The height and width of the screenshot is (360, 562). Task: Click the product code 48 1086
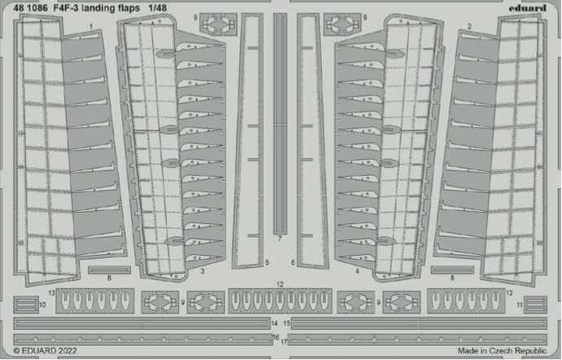coord(30,8)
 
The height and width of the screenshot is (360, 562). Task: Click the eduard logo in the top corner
coord(528,8)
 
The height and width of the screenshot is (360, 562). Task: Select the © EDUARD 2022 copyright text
coord(45,351)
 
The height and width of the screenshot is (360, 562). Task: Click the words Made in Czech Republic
coord(503,351)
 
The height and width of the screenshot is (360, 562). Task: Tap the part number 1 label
coord(91,27)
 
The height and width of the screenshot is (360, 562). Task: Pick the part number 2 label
coord(469,27)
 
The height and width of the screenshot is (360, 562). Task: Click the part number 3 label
coord(203,271)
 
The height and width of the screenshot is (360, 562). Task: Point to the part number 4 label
coord(358,271)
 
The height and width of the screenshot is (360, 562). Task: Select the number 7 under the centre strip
coord(280,239)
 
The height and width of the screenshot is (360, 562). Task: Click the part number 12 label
coord(280,284)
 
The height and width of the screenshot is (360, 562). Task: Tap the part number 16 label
coord(276,338)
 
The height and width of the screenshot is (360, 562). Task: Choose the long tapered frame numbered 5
coord(248,141)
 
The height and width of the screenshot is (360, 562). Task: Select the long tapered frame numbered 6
coord(312,141)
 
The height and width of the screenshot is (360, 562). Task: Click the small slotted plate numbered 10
coord(26,305)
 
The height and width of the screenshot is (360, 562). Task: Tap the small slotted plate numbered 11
coord(535,305)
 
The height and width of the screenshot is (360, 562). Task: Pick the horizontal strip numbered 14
coord(142,323)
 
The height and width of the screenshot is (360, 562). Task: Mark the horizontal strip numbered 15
coord(419,323)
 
